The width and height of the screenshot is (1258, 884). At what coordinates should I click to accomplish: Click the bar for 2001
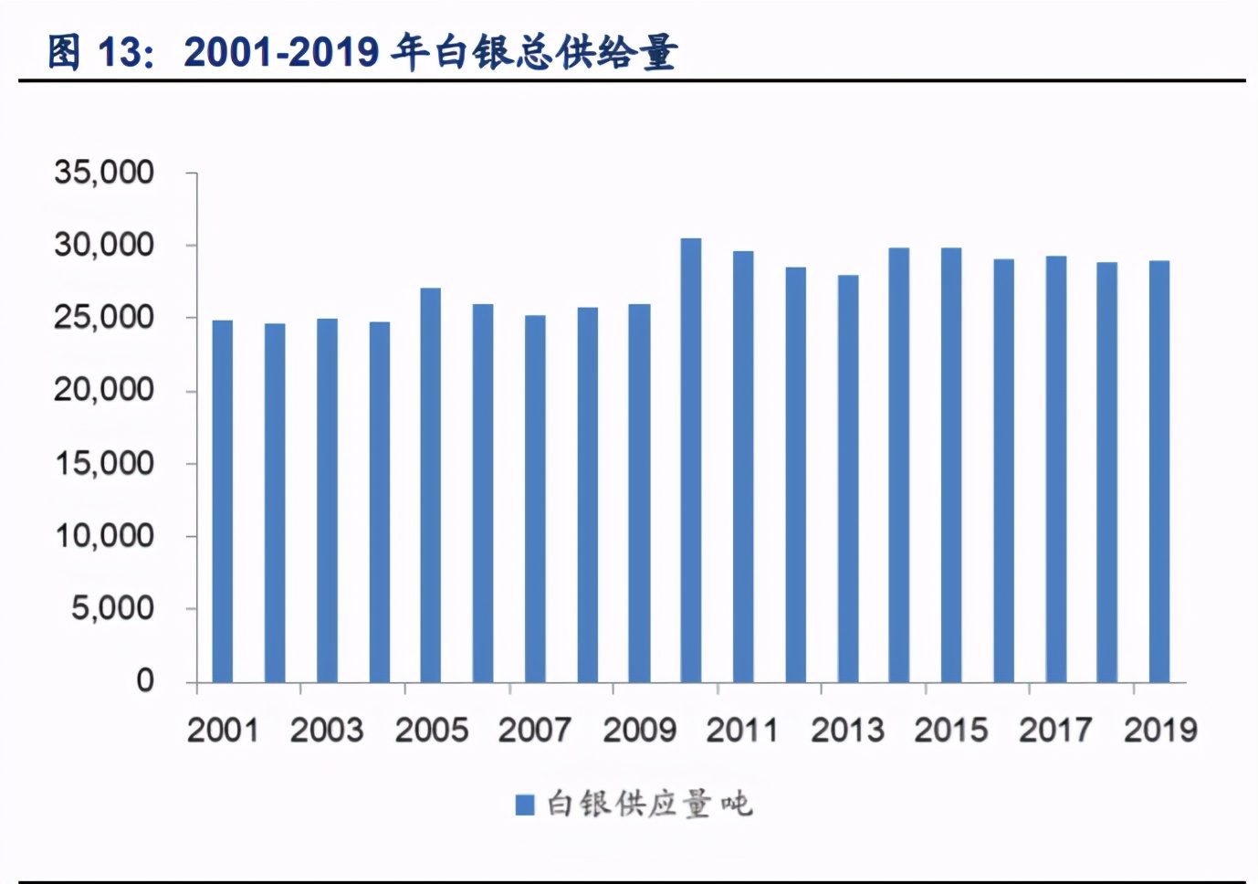222,501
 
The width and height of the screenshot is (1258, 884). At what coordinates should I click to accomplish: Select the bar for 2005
431,485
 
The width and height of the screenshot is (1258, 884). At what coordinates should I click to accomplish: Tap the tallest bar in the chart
691,460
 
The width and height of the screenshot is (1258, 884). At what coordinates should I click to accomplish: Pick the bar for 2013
848,479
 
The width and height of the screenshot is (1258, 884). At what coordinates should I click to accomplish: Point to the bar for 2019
1159,471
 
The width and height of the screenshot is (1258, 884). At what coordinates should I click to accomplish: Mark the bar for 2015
951,465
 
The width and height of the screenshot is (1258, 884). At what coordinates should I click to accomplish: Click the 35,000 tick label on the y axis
104,172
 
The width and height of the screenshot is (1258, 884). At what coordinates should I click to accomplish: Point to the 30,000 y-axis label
104,245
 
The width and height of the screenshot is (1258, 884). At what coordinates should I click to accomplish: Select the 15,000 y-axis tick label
104,463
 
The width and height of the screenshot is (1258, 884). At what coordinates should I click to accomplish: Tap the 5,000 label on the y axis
112,608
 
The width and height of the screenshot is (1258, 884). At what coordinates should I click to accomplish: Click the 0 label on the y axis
145,680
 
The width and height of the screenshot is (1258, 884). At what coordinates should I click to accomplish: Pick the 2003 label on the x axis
327,730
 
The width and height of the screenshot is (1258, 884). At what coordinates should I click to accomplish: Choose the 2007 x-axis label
535,730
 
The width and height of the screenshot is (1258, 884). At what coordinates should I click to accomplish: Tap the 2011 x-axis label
742,730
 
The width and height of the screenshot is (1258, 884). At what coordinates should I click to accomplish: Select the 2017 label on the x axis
1055,730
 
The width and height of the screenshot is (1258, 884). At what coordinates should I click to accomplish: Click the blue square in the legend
524,805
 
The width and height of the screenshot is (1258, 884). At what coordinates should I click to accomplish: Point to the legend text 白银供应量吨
649,805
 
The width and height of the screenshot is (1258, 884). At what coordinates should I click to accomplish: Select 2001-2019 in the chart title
281,52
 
